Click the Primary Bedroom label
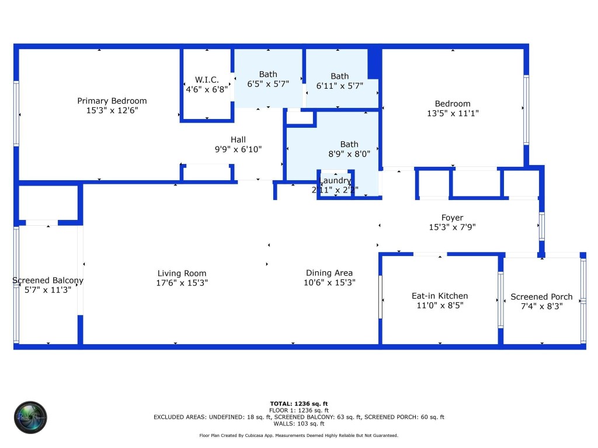click(x=112, y=101)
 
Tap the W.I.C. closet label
click(x=207, y=79)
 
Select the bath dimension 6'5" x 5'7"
click(x=268, y=84)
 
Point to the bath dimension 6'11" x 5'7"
click(x=340, y=86)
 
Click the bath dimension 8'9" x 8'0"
click(x=349, y=154)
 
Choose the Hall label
click(x=238, y=139)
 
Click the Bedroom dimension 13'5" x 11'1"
click(x=453, y=114)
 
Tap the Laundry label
click(x=335, y=181)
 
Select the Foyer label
click(x=452, y=218)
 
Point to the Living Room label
click(x=182, y=273)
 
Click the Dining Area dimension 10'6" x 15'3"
click(x=329, y=282)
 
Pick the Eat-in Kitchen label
click(x=440, y=296)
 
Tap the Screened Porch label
click(x=541, y=296)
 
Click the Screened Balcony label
click(x=48, y=280)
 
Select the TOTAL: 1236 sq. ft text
click(x=298, y=404)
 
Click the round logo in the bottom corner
click(x=30, y=417)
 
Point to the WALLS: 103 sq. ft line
click(x=298, y=424)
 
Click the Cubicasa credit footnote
click(x=298, y=436)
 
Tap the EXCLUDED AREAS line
click(x=298, y=417)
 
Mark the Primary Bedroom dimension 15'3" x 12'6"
click(x=112, y=110)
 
